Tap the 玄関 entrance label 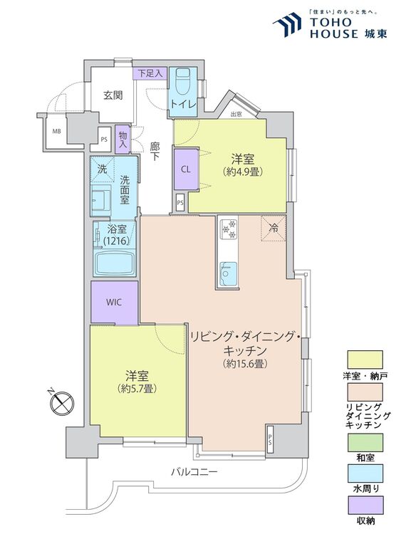click(113, 95)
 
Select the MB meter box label click(55, 132)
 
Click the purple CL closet click(185, 169)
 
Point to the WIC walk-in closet click(114, 302)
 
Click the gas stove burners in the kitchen click(229, 228)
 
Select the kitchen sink click(229, 271)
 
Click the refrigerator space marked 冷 click(274, 228)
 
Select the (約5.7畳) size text click(137, 389)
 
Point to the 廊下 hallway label click(155, 152)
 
